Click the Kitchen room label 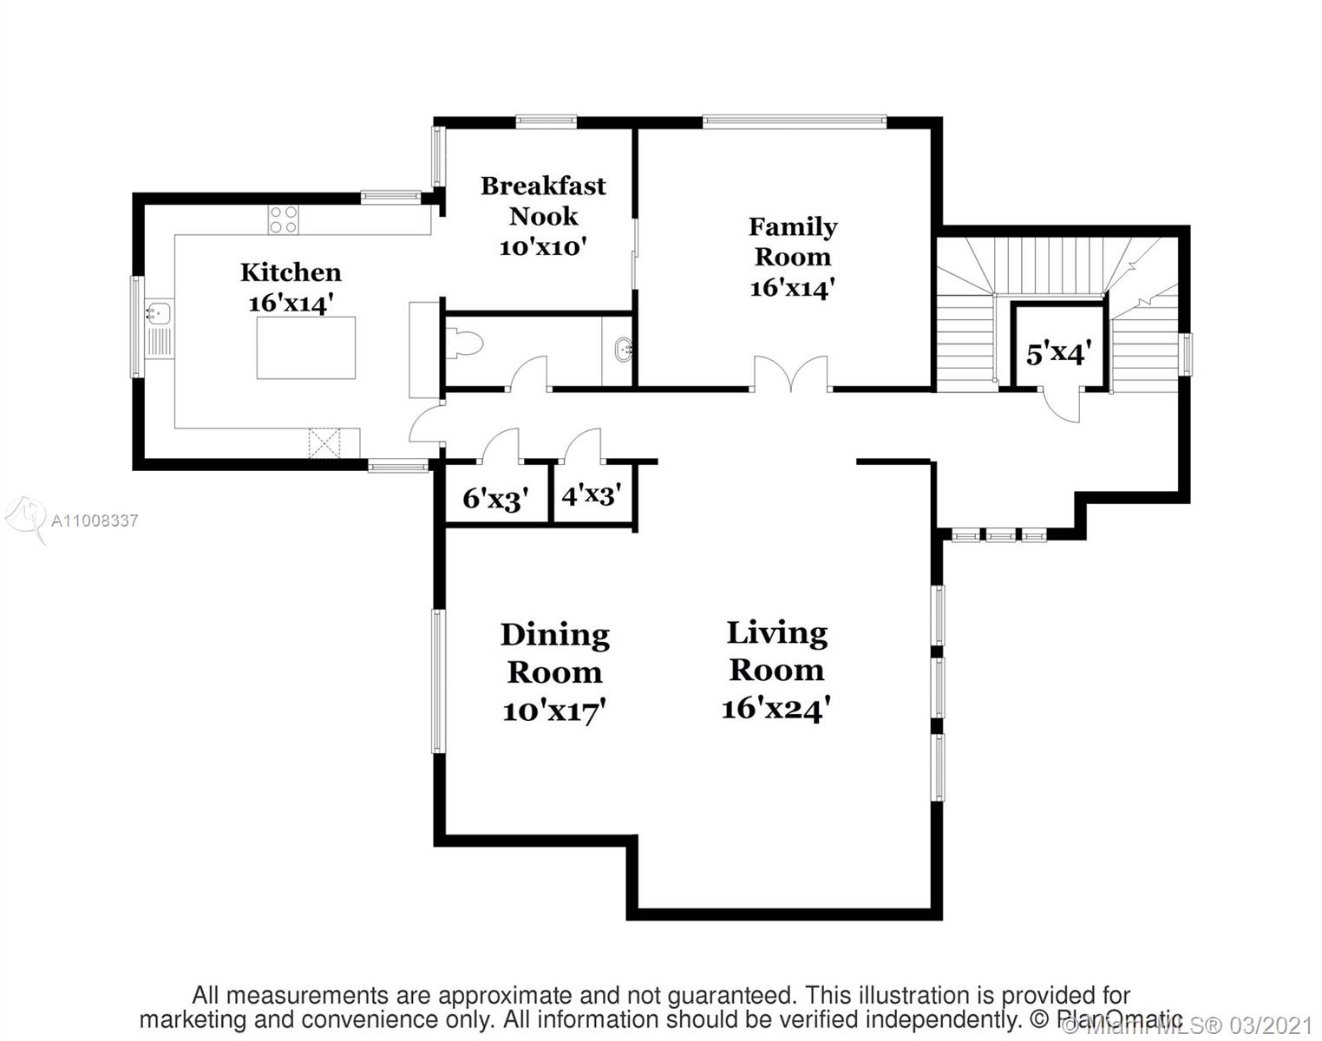pyautogui.click(x=291, y=272)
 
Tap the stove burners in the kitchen pyautogui.click(x=283, y=219)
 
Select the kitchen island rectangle pyautogui.click(x=306, y=347)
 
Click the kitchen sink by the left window pyautogui.click(x=159, y=311)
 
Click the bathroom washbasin pyautogui.click(x=621, y=351)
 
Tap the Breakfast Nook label pyautogui.click(x=543, y=201)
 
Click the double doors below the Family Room pyautogui.click(x=790, y=375)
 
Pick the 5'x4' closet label pyautogui.click(x=1057, y=353)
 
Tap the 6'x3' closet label pyautogui.click(x=495, y=499)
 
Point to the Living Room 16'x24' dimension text pyautogui.click(x=776, y=709)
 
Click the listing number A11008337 pyautogui.click(x=95, y=520)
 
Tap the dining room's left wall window pyautogui.click(x=438, y=681)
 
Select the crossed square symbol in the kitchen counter pyautogui.click(x=324, y=442)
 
